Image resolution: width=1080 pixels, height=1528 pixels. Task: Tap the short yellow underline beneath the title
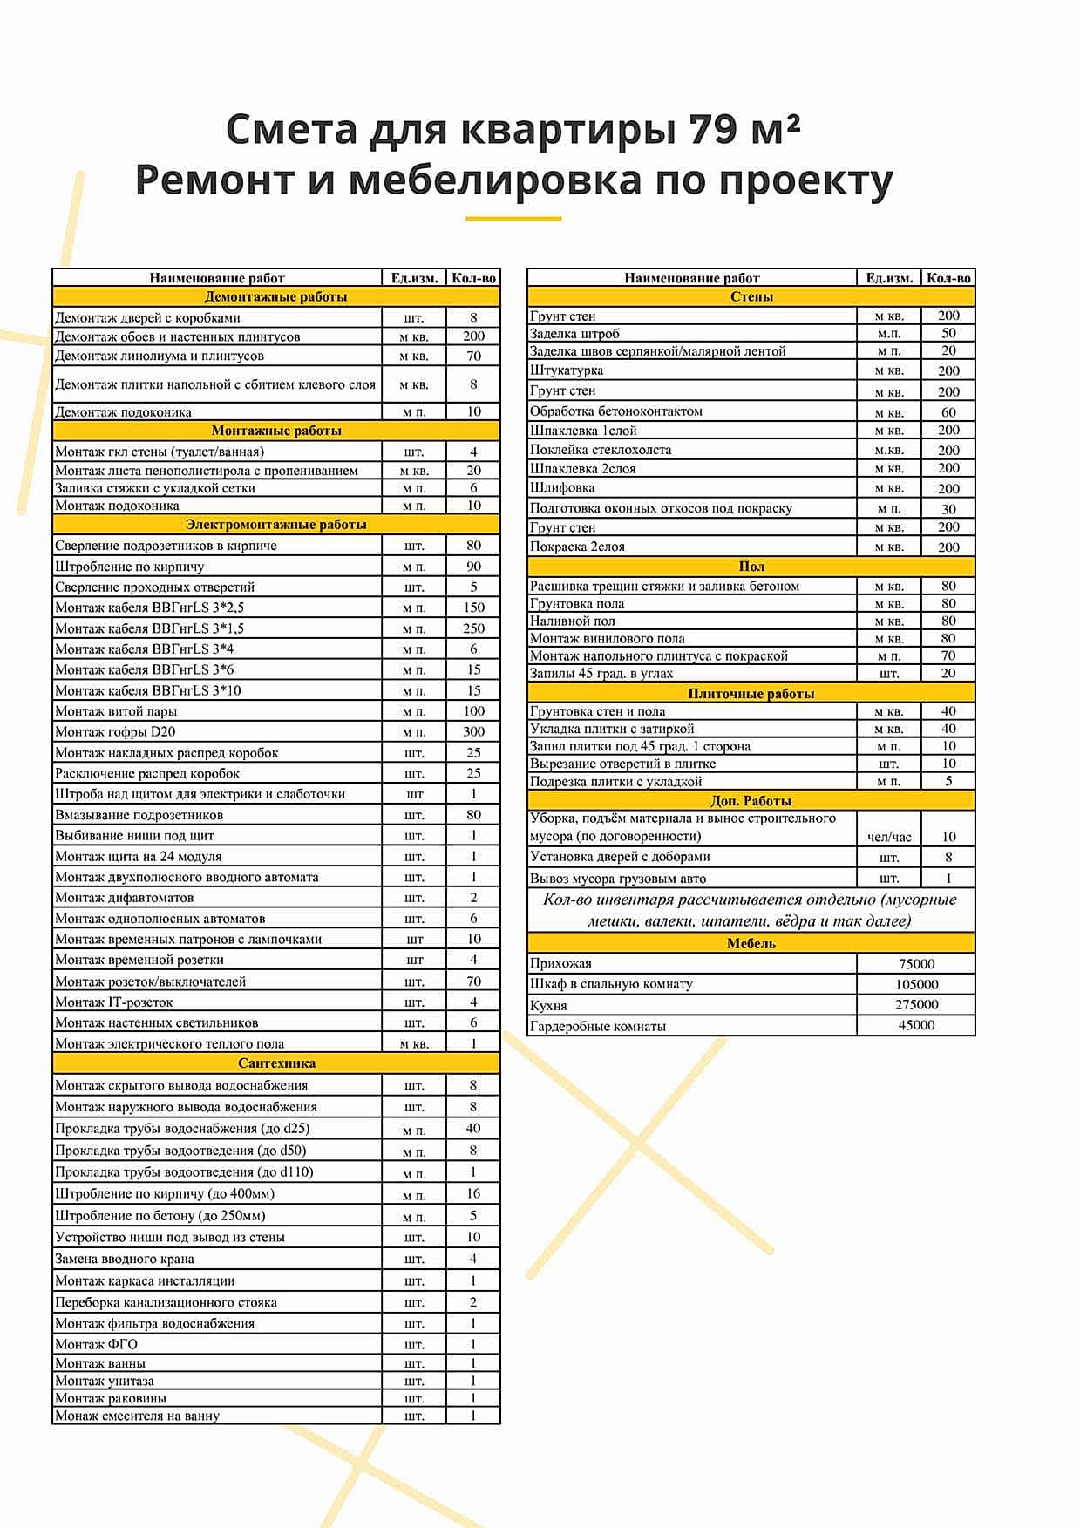(513, 218)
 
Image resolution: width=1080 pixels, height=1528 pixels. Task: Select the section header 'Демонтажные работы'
(275, 297)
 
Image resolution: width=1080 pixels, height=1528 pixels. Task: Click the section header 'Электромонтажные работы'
(275, 525)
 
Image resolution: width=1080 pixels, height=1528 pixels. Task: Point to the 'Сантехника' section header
(275, 1063)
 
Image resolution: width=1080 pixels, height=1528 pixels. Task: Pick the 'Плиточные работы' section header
(751, 694)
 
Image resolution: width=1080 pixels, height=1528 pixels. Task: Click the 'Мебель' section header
(751, 943)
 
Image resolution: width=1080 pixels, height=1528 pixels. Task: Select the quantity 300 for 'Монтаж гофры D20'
(473, 732)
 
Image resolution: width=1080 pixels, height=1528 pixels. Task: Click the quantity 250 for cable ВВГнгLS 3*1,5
(473, 628)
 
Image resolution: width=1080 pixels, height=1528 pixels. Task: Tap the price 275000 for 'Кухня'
(916, 1005)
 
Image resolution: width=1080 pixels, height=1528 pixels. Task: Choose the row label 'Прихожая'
(560, 964)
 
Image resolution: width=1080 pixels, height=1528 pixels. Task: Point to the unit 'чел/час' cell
(889, 837)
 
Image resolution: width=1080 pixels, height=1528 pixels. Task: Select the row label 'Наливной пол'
(572, 621)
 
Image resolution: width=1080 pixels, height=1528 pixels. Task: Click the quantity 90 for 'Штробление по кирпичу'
(473, 567)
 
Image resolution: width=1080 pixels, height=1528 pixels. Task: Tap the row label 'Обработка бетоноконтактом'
(615, 411)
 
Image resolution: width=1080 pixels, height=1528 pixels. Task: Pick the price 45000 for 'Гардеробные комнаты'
(916, 1026)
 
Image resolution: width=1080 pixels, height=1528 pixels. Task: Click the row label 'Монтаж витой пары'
(116, 711)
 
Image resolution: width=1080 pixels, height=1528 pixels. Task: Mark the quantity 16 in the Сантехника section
(473, 1194)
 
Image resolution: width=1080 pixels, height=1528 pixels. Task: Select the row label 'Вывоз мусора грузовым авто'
(617, 879)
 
